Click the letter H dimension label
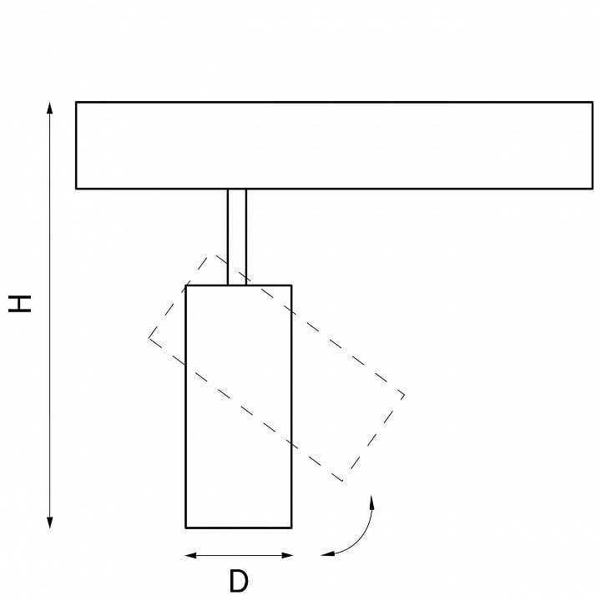[x=19, y=304]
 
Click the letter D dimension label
[x=239, y=581]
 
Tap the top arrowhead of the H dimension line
[x=49, y=108]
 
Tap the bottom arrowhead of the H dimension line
[x=49, y=522]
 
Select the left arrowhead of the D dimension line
[x=191, y=555]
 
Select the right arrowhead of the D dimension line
[x=287, y=555]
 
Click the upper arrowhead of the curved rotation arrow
[x=371, y=502]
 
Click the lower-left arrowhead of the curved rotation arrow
[x=328, y=553]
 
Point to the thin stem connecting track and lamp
[x=236, y=237]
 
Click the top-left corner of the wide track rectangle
[x=76, y=103]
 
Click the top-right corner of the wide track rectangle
[x=593, y=103]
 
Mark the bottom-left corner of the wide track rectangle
[x=76, y=189]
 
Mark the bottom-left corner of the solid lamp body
[x=186, y=528]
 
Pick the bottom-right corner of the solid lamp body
[x=291, y=528]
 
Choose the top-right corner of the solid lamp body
[x=291, y=285]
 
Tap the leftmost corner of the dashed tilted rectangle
[x=149, y=338]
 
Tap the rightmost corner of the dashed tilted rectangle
[x=404, y=395]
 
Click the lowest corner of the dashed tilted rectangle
[x=343, y=481]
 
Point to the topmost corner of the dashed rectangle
[x=211, y=254]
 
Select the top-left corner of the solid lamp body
[x=186, y=285]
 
